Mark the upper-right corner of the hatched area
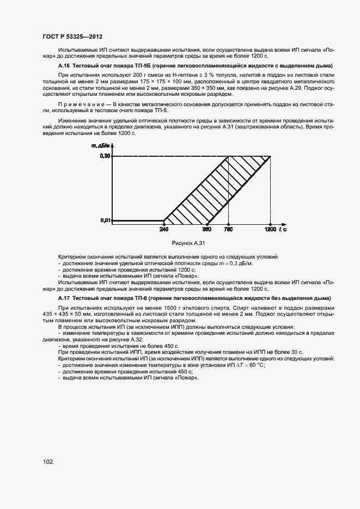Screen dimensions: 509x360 click(x=271, y=157)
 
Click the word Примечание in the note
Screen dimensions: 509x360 click(x=79, y=104)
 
